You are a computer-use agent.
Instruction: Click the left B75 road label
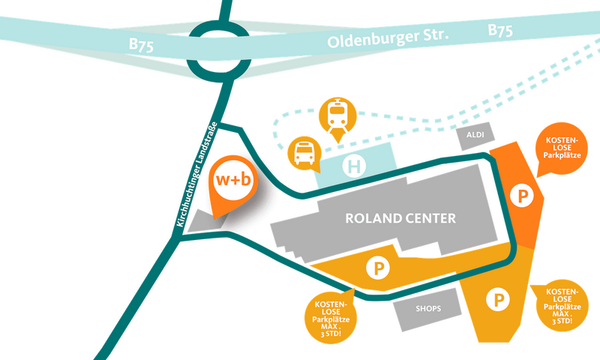[x=141, y=45]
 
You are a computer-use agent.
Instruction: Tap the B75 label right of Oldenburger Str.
[x=500, y=30]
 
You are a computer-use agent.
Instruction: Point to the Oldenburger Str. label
[x=388, y=37]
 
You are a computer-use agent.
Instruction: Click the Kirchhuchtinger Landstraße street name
[x=196, y=175]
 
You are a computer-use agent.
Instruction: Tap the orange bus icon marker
[x=304, y=154]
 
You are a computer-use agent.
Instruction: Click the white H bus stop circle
[x=354, y=166]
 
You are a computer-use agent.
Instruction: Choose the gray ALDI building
[x=475, y=136]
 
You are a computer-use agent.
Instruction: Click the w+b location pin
[x=232, y=185]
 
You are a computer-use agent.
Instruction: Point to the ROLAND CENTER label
[x=400, y=218]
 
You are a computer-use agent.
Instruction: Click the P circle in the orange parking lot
[x=522, y=196]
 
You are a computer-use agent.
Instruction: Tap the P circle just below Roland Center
[x=378, y=268]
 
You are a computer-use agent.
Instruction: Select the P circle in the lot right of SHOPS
[x=498, y=299]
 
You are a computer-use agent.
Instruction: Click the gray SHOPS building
[x=428, y=309]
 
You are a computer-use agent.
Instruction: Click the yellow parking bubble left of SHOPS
[x=331, y=316]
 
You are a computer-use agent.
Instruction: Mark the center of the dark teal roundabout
[x=217, y=50]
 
